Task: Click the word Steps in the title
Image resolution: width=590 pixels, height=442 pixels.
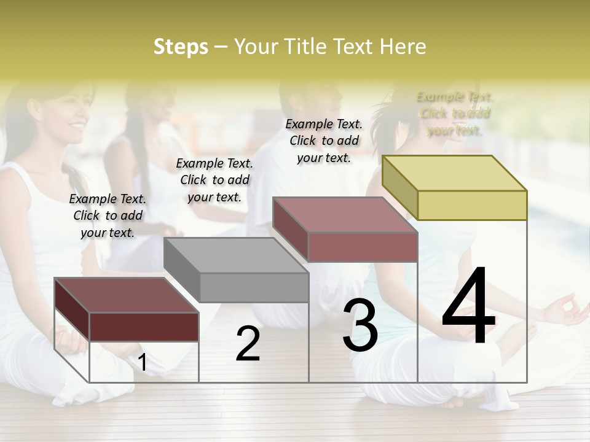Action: [181, 47]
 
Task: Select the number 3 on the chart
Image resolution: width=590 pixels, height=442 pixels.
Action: [360, 325]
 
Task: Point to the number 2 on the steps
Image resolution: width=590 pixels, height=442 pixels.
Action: [248, 344]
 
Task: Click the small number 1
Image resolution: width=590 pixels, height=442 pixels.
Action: [143, 363]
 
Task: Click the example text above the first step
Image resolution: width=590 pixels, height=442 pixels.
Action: [108, 215]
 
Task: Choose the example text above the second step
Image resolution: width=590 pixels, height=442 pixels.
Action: [214, 180]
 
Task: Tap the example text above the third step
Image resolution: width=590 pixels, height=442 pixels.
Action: [324, 141]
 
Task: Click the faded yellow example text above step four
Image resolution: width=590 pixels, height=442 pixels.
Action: [455, 114]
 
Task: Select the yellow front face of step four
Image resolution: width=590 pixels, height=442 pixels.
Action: [472, 205]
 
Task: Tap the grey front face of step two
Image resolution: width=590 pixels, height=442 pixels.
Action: [254, 287]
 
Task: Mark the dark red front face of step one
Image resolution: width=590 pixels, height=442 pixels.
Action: [144, 327]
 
